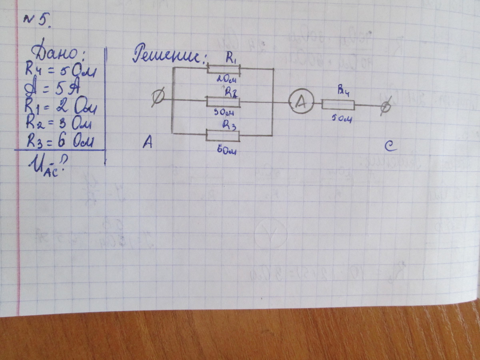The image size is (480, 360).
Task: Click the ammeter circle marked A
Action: pos(300,103)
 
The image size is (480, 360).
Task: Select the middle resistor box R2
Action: pos(223,102)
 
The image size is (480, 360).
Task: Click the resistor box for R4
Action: pos(338,105)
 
